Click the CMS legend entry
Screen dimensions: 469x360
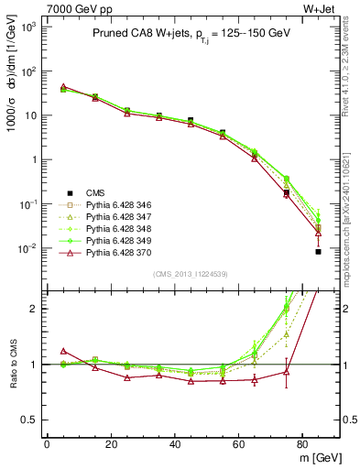pyautogui.click(x=96, y=191)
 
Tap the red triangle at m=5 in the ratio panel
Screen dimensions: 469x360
pyautogui.click(x=62, y=351)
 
